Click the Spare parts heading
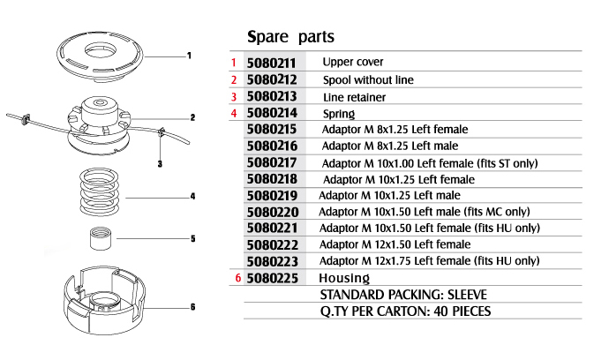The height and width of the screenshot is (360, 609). (290, 37)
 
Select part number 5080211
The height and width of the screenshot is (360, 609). (271, 63)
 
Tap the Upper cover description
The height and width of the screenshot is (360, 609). (353, 62)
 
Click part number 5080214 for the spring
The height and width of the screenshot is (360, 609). (272, 113)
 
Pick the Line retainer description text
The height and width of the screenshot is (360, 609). (354, 97)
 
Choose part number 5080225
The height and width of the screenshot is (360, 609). (272, 278)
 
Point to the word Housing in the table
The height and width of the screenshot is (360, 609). (344, 278)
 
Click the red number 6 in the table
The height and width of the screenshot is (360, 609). (238, 278)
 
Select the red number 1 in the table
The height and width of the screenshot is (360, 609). (233, 63)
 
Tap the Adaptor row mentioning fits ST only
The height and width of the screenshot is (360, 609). (430, 163)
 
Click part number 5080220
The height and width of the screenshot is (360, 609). (273, 212)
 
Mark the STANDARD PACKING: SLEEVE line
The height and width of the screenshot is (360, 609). (403, 295)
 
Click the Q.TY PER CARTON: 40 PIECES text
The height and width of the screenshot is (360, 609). (405, 311)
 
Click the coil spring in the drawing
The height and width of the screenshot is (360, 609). (100, 192)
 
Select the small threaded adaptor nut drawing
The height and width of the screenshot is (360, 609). (101, 238)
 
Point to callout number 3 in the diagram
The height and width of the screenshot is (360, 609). (160, 164)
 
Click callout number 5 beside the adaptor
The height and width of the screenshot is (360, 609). (192, 238)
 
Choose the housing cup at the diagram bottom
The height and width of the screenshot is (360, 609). (104, 300)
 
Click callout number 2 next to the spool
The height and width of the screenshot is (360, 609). (192, 117)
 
